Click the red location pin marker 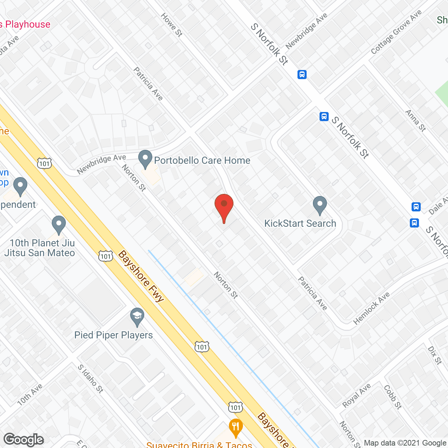point(224,205)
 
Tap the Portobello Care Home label point(202,160)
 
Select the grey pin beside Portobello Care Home point(145,159)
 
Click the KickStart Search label point(300,223)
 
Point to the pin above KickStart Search point(320,205)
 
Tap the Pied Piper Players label point(113,335)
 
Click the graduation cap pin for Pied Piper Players point(137,317)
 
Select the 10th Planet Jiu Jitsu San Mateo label point(40,248)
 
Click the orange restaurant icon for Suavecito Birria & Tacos point(236,427)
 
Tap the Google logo point(24,440)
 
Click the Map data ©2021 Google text point(405,443)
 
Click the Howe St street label point(171,25)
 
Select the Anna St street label point(415,120)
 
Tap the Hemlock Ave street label point(371,308)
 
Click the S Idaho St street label point(90,379)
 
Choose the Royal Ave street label point(356,395)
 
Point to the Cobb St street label point(393,397)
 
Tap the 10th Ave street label point(30,394)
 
